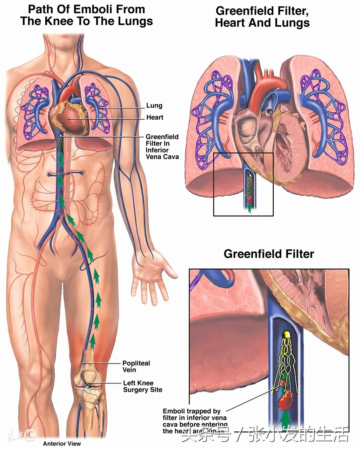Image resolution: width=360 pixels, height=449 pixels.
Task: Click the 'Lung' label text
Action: [x=154, y=106]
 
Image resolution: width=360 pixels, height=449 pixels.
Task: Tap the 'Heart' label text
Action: [x=155, y=118]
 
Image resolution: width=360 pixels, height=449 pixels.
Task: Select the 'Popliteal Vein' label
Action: [x=136, y=367]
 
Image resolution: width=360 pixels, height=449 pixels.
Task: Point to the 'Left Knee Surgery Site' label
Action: [x=142, y=386]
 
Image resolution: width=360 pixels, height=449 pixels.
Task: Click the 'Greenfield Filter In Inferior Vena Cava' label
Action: [x=162, y=147]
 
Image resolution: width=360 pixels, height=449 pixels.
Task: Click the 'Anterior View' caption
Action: [x=62, y=444]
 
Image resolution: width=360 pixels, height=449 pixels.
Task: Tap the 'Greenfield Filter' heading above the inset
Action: [x=269, y=254]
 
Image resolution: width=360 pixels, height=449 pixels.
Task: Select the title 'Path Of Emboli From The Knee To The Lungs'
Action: [x=86, y=15]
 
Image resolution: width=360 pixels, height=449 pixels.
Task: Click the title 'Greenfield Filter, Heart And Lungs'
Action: [x=262, y=17]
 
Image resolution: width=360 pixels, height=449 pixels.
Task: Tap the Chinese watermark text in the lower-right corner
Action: [x=265, y=435]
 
